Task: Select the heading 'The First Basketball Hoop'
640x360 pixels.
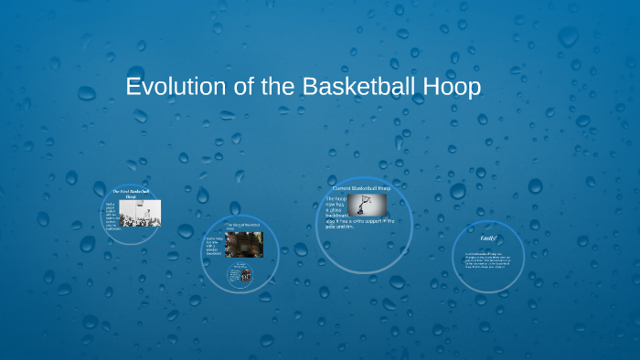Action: coord(130,194)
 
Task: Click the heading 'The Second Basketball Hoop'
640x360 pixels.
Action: coord(243,225)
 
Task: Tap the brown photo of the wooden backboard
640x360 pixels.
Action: coord(245,244)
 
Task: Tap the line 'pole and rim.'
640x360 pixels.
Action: coord(340,227)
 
